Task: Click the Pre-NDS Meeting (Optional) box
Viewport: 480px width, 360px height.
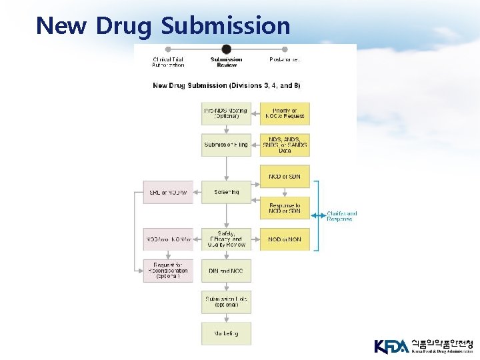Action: coord(227,113)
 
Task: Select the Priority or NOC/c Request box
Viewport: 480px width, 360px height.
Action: coord(285,113)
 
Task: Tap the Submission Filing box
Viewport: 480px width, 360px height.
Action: coord(227,145)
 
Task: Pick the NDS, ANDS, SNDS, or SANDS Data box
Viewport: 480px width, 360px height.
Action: coord(285,145)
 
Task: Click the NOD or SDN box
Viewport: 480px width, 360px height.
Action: coord(285,176)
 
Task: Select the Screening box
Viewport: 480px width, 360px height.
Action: coord(227,192)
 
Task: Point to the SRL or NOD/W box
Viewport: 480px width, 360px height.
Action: coord(168,192)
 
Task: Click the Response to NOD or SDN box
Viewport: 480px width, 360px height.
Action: coord(285,208)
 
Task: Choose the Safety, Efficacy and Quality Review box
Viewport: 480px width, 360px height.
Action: coord(227,239)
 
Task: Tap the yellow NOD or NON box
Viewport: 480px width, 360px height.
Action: coord(285,239)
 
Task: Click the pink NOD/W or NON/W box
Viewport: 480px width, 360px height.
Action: coord(168,239)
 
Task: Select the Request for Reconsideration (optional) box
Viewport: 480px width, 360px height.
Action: coord(168,271)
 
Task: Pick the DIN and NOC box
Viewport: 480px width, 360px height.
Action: coord(227,271)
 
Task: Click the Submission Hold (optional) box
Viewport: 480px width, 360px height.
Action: coord(227,302)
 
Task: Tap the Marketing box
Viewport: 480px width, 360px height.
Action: coord(227,333)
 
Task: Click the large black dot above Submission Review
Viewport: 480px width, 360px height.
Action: coord(226,49)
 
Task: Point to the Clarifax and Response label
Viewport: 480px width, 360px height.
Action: coord(341,216)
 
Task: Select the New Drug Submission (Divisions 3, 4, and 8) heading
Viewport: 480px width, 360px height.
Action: coord(227,85)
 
